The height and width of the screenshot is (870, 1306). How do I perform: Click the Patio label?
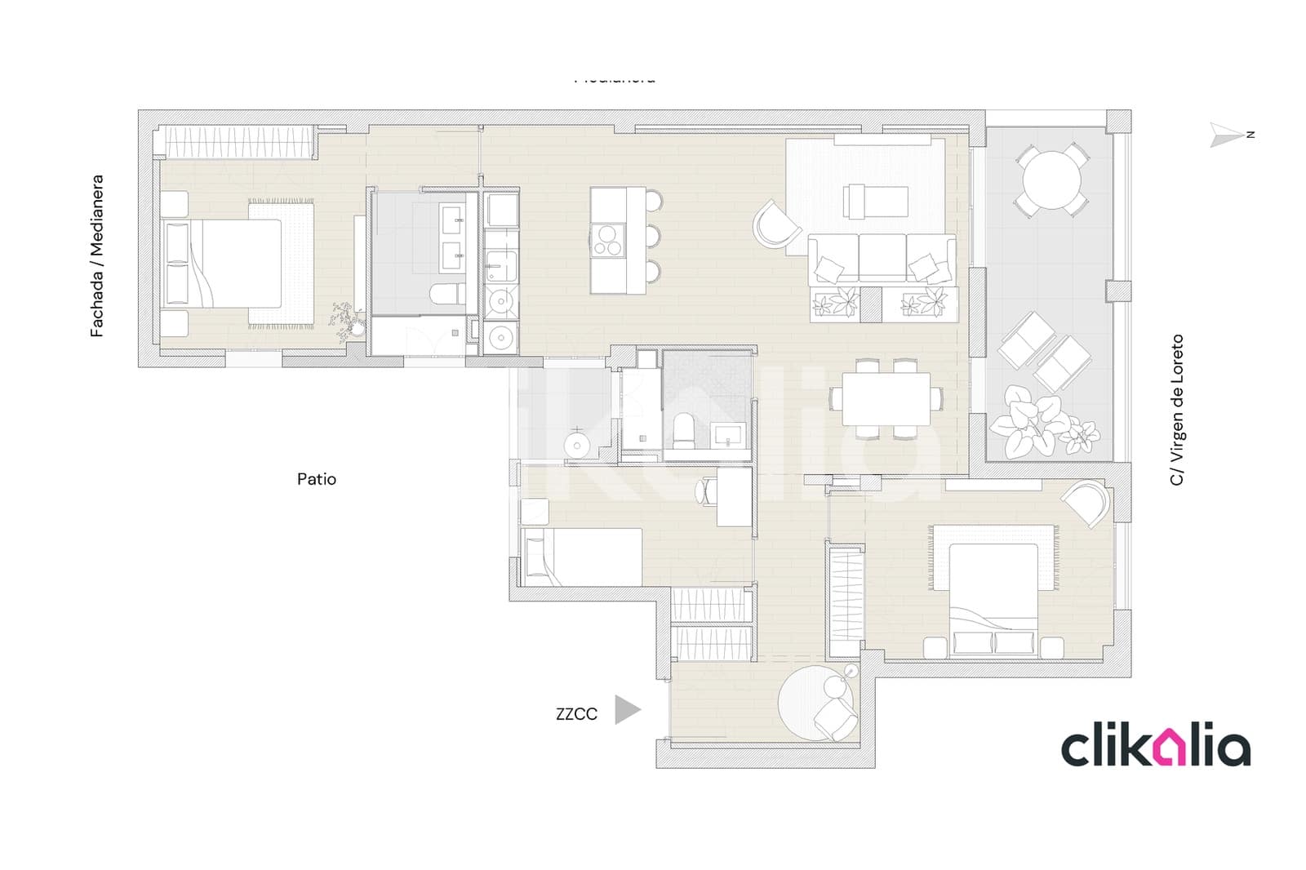pos(316,479)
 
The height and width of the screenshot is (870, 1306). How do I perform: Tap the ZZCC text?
pos(576,714)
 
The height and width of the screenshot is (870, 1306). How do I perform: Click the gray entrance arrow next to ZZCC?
pos(626,710)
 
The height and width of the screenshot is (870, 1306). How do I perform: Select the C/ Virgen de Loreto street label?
pos(1176,410)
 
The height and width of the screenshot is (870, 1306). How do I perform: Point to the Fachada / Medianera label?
pos(97,255)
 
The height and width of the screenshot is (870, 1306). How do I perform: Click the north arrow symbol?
pos(1227,135)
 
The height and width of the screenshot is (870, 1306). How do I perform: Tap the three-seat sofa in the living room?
pos(882,259)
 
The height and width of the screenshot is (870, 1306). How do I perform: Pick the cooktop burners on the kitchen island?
pos(607,238)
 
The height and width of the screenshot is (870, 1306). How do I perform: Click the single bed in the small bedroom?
pos(581,557)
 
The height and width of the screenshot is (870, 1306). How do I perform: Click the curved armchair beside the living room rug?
pos(776,224)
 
